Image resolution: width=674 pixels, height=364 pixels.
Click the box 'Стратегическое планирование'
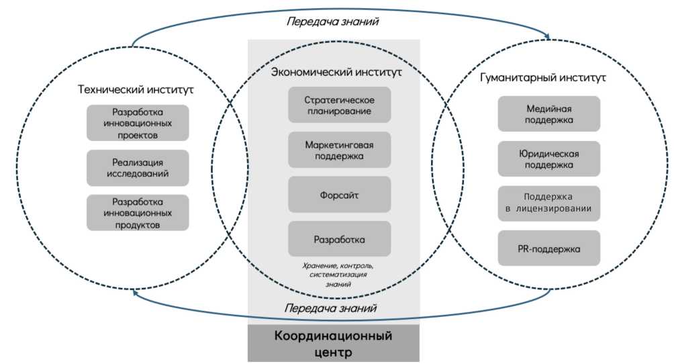click(x=340, y=104)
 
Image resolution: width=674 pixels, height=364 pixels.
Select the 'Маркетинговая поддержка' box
click(x=340, y=150)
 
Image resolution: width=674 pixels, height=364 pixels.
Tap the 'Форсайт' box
click(x=340, y=194)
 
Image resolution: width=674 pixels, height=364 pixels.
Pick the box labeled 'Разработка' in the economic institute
click(x=340, y=238)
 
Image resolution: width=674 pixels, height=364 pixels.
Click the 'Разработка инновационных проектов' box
click(x=138, y=123)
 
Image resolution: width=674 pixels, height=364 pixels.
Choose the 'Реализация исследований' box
click(x=138, y=168)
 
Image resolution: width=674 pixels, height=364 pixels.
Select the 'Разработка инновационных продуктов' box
click(x=138, y=213)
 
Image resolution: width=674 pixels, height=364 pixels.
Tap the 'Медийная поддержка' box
click(x=548, y=113)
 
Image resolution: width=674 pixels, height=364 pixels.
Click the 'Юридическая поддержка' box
click(x=548, y=158)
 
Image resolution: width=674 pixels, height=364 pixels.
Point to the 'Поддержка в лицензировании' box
click(x=548, y=203)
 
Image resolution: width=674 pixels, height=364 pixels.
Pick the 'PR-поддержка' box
click(x=548, y=248)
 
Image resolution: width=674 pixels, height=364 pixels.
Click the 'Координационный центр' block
click(x=334, y=343)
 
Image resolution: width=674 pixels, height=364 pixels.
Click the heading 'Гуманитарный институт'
click(x=543, y=77)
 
